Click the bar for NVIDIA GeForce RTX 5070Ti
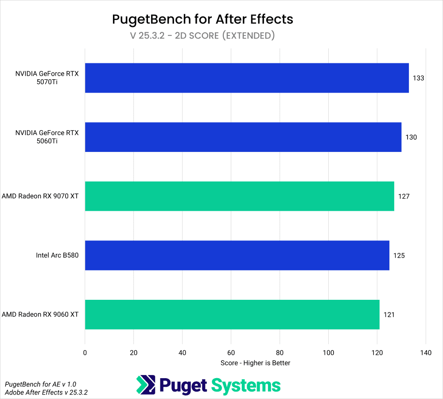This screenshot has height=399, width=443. [x=246, y=78]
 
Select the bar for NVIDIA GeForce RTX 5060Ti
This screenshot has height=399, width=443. [x=243, y=137]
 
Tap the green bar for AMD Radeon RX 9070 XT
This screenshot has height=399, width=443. [x=239, y=196]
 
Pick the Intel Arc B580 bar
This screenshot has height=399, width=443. [x=237, y=256]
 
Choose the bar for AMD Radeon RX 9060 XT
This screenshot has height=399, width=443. [x=232, y=314]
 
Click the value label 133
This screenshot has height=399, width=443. [x=418, y=78]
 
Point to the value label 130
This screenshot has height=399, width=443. [x=411, y=137]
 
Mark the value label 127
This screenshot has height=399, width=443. [x=404, y=196]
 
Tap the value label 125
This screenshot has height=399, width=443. [x=399, y=256]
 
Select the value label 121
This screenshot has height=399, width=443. [x=389, y=314]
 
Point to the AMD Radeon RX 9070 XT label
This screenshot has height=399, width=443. [x=40, y=196]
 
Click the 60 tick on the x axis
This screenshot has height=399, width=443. [x=231, y=353]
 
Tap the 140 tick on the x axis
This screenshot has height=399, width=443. [x=425, y=353]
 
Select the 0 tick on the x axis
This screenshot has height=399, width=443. [x=85, y=353]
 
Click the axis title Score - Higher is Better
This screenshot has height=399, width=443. [x=255, y=363]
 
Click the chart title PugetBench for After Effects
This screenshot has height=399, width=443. [x=202, y=19]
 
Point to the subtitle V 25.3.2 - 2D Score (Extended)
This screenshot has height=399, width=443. [x=202, y=35]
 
